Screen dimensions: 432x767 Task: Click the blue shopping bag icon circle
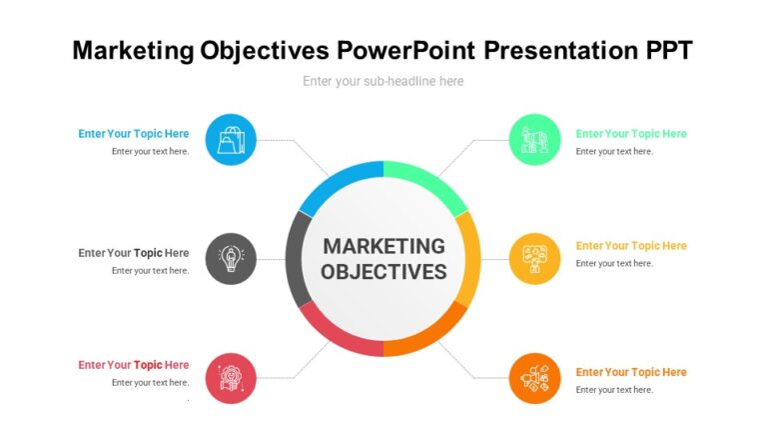pyautogui.click(x=231, y=140)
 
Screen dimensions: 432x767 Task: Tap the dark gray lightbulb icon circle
pyautogui.click(x=231, y=259)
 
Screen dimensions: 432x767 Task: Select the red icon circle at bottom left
pyautogui.click(x=231, y=378)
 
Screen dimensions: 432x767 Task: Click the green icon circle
pyautogui.click(x=534, y=140)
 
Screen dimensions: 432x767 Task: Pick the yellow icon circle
pyautogui.click(x=534, y=259)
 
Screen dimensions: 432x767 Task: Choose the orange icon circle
pyautogui.click(x=534, y=378)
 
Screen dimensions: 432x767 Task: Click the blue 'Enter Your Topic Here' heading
pyautogui.click(x=133, y=134)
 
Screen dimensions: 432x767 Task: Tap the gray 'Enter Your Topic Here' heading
pyautogui.click(x=133, y=253)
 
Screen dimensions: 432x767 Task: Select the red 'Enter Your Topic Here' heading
pyautogui.click(x=133, y=365)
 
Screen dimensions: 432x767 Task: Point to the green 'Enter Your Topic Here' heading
pyautogui.click(x=631, y=134)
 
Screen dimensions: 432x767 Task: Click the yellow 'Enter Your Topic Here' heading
pyautogui.click(x=631, y=246)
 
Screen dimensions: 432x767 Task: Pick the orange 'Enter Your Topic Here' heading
pyautogui.click(x=631, y=372)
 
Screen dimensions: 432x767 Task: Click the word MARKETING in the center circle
pyautogui.click(x=383, y=246)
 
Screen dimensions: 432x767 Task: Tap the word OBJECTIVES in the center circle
pyautogui.click(x=383, y=272)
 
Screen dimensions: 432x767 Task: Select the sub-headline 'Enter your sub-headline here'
pyautogui.click(x=383, y=81)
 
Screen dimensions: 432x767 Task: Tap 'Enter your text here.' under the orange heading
pyautogui.click(x=614, y=390)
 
